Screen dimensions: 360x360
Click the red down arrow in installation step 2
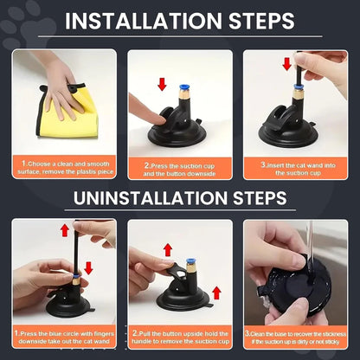[160, 84]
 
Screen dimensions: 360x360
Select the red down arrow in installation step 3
[288, 64]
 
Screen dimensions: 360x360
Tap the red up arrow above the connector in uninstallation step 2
[167, 250]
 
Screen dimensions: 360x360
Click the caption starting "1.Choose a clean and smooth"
[64, 166]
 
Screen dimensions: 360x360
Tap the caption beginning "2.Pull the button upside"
[180, 337]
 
